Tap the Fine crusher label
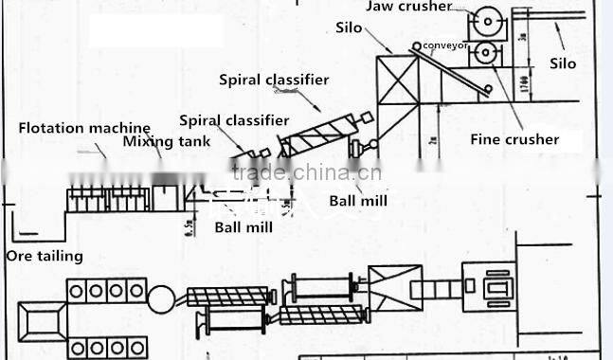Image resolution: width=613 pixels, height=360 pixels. point(514,139)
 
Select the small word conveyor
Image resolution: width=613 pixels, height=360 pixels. point(445,44)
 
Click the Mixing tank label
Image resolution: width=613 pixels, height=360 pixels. point(161,142)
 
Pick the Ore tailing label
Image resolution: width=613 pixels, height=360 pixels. point(45,256)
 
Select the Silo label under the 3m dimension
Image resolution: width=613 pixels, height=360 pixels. point(563,63)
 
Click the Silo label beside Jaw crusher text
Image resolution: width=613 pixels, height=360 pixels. point(349,27)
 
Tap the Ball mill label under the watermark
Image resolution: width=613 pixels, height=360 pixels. point(358,200)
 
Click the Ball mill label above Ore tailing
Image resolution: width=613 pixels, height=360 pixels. point(243,227)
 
